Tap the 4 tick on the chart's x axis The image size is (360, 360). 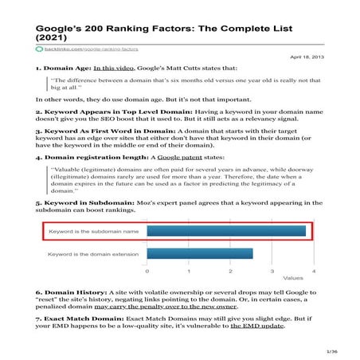tap(314, 272)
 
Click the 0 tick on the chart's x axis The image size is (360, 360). tap(147, 272)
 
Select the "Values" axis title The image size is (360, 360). tap(292, 279)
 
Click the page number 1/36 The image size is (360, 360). tap(331, 350)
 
